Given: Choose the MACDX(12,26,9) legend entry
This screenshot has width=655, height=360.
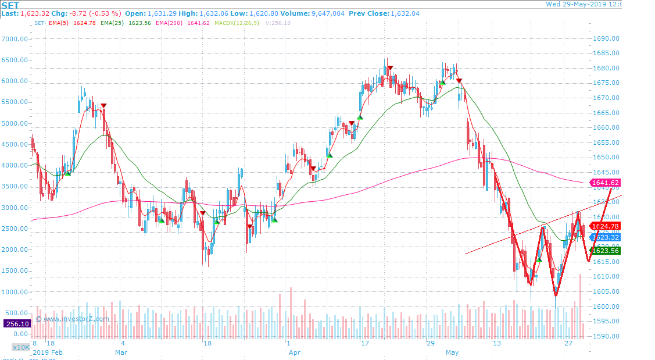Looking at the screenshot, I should (237, 23).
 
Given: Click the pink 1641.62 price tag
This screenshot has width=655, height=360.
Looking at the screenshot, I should (605, 183).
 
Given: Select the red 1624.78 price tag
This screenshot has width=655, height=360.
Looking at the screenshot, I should (605, 226).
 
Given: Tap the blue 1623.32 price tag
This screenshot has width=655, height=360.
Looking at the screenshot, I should (605, 237).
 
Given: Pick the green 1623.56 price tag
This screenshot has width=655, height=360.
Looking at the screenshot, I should (605, 251).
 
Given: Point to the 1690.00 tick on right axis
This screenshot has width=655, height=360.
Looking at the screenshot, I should (605, 39).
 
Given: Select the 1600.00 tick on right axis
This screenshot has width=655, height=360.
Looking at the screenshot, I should (605, 306).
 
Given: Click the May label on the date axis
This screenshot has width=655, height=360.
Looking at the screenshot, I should (452, 352).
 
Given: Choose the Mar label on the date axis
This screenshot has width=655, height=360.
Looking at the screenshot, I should (121, 352).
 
